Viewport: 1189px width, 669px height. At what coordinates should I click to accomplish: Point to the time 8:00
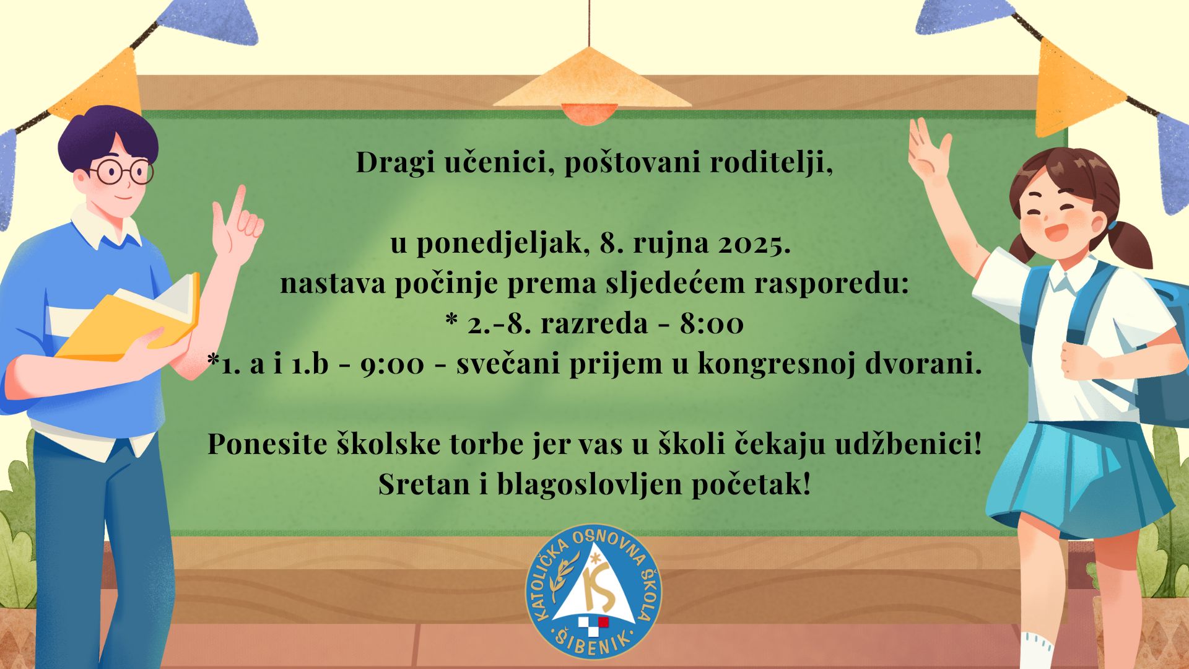712,323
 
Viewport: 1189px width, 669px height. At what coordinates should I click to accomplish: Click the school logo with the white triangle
594,592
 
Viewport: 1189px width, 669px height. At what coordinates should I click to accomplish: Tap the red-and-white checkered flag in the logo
594,626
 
